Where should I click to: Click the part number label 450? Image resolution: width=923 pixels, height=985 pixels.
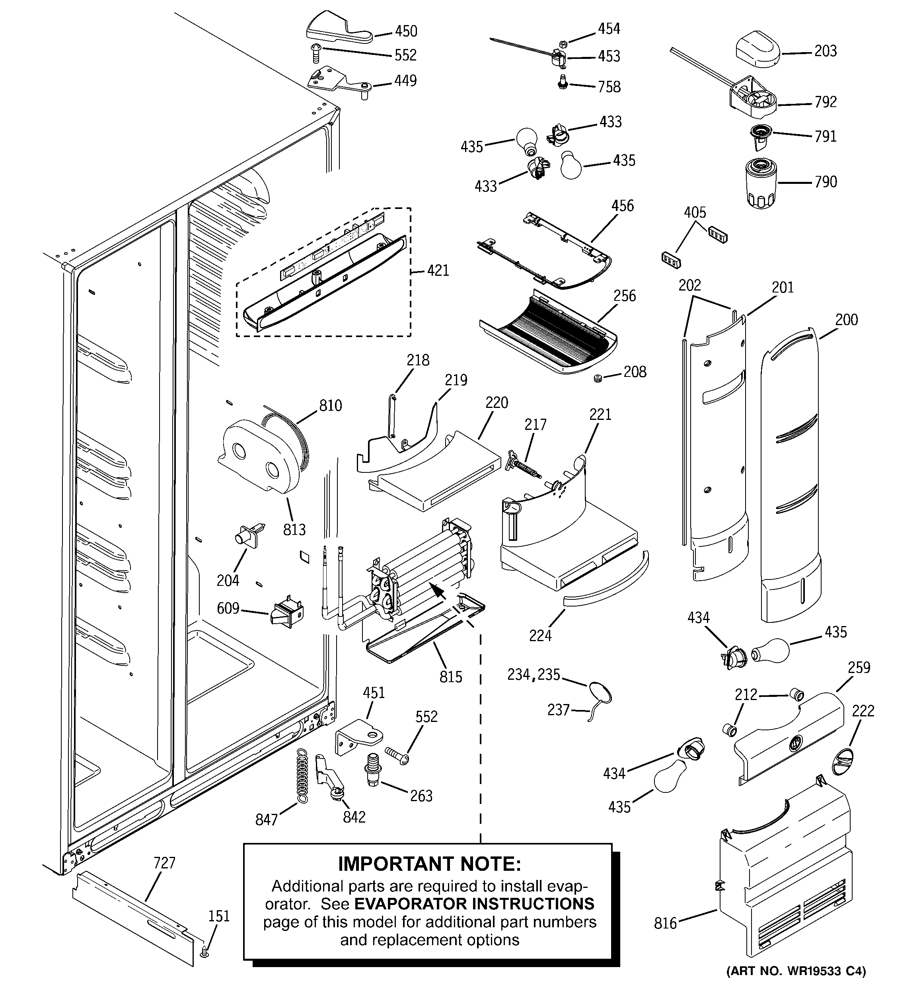point(406,31)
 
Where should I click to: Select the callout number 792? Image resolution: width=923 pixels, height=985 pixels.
point(826,102)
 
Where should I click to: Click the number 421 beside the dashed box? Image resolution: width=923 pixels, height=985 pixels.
point(438,271)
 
